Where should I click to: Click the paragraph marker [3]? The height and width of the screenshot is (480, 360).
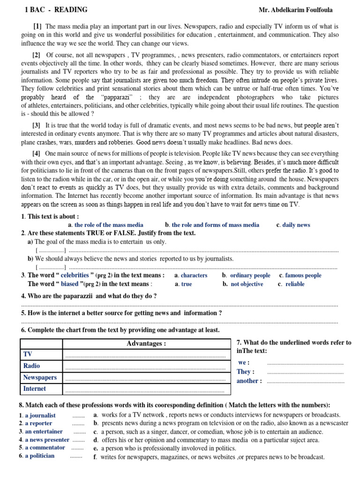[x=37, y=125]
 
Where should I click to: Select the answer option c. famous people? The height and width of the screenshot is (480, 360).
[x=300, y=275]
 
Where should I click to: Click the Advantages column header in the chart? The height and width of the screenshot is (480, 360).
[x=146, y=344]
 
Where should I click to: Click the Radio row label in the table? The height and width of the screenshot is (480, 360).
[x=32, y=366]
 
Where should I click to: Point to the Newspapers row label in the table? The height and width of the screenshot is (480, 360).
[x=40, y=377]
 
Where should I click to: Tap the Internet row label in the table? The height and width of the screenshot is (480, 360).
[x=35, y=389]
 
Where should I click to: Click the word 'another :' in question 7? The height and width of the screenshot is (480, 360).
[x=249, y=381]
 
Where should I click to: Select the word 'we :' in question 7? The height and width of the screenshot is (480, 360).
[x=244, y=362]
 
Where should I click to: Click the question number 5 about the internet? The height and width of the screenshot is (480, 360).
[x=23, y=313]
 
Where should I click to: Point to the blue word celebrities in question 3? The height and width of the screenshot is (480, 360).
[x=75, y=275]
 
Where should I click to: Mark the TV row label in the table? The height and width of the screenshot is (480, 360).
[x=28, y=354]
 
